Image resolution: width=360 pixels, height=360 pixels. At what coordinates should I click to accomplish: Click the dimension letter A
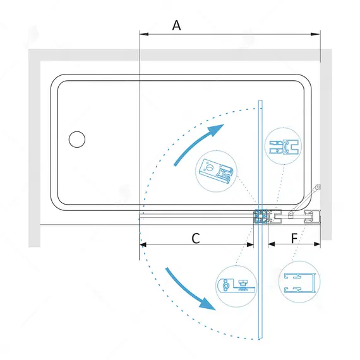[x=176, y=25]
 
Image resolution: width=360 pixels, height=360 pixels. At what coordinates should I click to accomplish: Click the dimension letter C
[x=196, y=238]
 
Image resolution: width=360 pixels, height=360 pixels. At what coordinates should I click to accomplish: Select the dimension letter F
[x=294, y=238]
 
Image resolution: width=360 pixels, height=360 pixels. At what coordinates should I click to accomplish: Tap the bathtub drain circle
[x=77, y=139]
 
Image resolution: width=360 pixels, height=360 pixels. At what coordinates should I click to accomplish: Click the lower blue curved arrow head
[x=208, y=304]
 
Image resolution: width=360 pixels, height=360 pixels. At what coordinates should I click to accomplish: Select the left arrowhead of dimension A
[x=144, y=34]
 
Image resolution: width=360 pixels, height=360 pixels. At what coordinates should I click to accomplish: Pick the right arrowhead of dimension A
[x=315, y=34]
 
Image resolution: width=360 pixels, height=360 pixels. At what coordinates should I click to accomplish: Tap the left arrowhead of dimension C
[x=143, y=245]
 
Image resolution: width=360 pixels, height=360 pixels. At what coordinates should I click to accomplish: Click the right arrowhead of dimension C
[x=250, y=245]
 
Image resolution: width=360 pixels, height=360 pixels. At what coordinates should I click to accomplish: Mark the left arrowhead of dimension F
[x=272, y=244]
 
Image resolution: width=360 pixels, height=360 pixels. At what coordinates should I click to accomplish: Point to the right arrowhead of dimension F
[x=317, y=244]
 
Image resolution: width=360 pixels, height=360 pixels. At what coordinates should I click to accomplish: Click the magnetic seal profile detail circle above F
[x=284, y=146]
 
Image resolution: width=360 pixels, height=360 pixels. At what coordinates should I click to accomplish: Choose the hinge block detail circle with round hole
[x=216, y=171]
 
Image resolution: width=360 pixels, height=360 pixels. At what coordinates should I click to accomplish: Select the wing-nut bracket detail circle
[x=236, y=286]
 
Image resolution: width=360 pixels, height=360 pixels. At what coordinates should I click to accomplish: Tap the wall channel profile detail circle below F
[x=299, y=282]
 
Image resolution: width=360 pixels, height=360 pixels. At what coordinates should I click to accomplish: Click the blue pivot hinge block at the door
[x=260, y=216]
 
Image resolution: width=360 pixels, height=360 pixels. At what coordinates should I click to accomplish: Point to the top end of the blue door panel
[x=260, y=100]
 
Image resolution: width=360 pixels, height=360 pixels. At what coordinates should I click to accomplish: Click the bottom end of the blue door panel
[x=260, y=338]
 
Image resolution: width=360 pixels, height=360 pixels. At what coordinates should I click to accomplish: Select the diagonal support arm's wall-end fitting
[x=318, y=187]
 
